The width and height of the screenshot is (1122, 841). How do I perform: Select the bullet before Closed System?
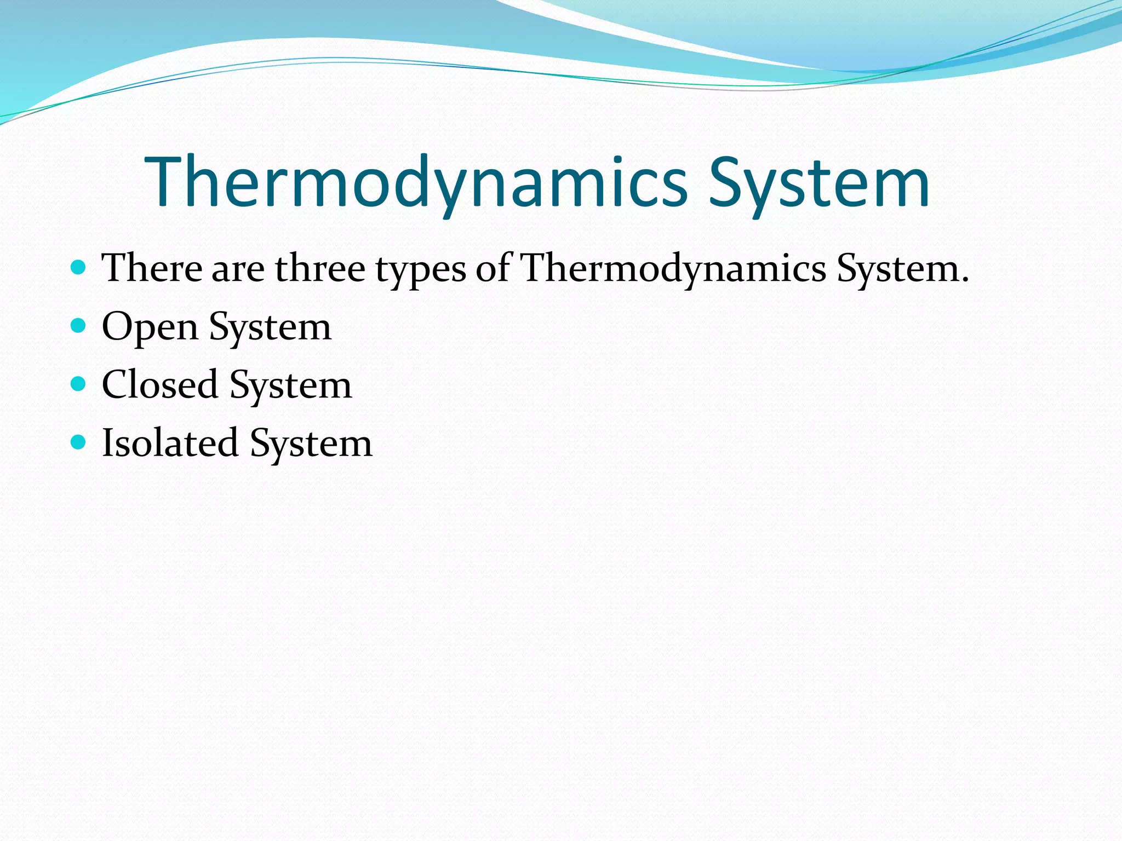coord(79,384)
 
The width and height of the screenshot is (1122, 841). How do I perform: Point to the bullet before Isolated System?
coord(79,442)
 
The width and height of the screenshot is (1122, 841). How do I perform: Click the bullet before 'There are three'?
coord(79,268)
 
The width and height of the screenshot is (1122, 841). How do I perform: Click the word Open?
coord(150,327)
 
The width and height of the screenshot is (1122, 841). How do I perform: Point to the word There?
coord(152,269)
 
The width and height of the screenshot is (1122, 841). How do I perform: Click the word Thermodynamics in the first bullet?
coord(673,269)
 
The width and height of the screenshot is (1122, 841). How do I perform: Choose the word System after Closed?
coord(290,386)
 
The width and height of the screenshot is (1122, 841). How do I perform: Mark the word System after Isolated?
coord(311,444)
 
